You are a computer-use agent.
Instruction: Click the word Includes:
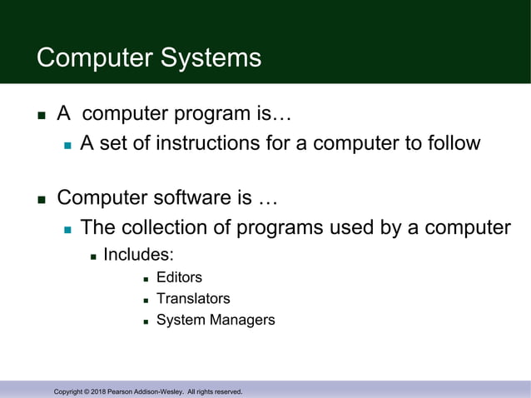pos(138,254)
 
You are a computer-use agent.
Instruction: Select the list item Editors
pos(179,277)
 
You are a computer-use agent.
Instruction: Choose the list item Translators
pos(193,298)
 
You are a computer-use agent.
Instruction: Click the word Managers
pos(245,320)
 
